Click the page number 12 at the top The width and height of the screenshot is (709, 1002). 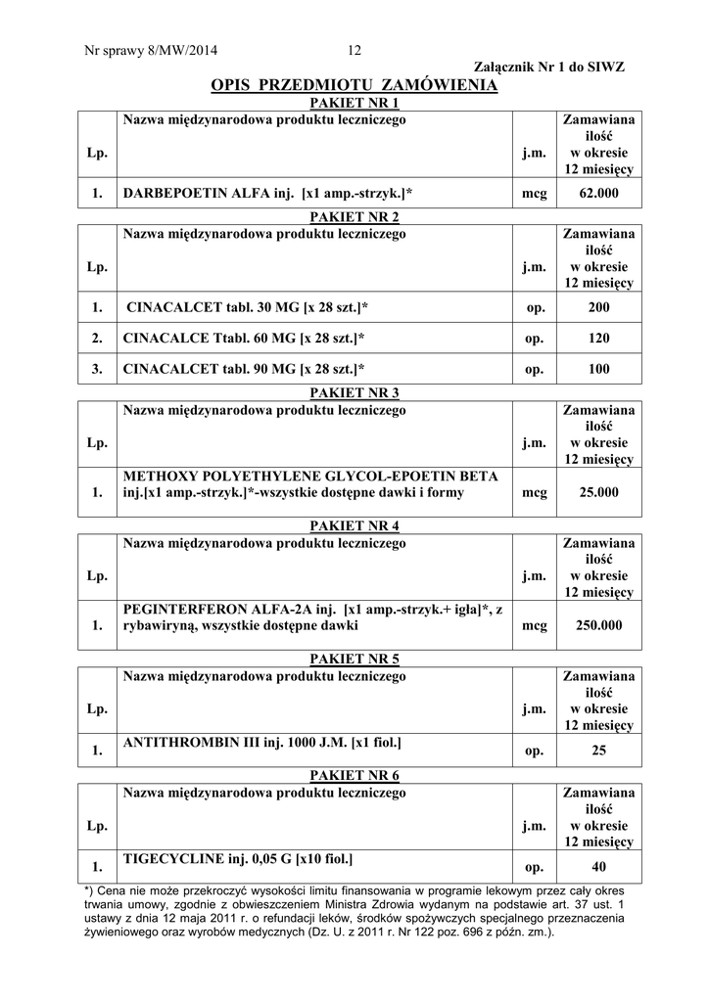point(354,51)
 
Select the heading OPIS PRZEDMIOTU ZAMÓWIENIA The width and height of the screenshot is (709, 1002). point(354,86)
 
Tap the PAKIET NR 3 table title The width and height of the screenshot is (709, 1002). point(354,392)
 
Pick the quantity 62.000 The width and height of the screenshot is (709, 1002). point(598,194)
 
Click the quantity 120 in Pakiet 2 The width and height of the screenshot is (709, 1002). point(598,339)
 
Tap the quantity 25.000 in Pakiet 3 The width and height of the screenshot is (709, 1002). point(598,493)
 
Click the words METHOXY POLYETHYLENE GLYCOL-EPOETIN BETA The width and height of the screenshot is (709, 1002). point(310,477)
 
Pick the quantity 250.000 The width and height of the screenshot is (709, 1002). point(598,625)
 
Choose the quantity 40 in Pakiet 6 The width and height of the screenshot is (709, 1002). point(598,866)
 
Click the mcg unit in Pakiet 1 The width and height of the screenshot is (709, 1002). point(534,194)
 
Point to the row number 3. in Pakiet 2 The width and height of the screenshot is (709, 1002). point(97,369)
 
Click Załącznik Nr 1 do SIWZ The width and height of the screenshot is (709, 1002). point(548,67)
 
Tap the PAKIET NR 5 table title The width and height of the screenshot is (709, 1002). point(354,659)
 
